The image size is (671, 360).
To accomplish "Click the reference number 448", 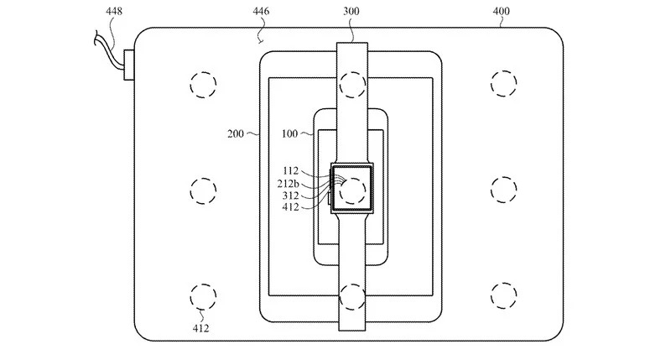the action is click(114, 11).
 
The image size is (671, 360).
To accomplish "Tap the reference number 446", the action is click(261, 11).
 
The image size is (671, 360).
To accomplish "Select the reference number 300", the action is click(351, 11).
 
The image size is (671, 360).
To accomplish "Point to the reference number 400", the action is click(501, 11).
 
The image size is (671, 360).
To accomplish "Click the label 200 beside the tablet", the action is click(236, 134).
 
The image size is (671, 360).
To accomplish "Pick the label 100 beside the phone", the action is click(289, 134).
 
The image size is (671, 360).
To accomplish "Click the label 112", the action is click(290, 171).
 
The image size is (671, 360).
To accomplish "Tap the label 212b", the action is click(288, 184).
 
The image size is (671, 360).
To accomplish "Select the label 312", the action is click(290, 196).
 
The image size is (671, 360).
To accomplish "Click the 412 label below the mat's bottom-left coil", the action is click(200, 328).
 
